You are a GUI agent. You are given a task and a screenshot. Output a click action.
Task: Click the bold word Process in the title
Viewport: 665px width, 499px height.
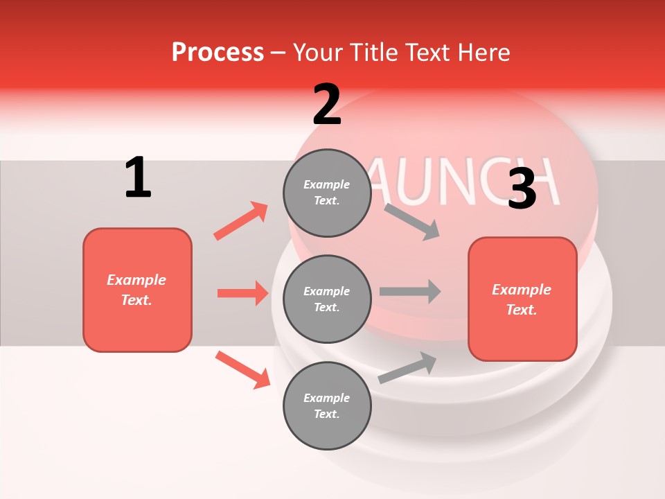[218, 52]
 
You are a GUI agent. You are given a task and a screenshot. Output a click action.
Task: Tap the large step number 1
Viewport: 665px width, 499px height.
[138, 178]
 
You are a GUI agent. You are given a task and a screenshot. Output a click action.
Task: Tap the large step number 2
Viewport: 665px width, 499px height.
[327, 105]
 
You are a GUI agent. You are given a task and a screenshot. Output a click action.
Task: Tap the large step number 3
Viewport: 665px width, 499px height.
[522, 189]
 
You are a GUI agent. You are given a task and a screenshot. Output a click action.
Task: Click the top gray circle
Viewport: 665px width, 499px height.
[327, 193]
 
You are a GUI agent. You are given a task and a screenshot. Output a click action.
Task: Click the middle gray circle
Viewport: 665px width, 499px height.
[327, 299]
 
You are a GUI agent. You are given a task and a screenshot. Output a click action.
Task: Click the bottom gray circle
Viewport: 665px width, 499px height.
[327, 405]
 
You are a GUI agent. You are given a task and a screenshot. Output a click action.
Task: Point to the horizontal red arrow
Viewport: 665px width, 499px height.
[243, 293]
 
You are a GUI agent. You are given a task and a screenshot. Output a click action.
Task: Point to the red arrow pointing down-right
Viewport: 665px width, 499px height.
[242, 369]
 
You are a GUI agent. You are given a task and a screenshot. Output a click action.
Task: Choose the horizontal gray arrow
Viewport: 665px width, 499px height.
[409, 291]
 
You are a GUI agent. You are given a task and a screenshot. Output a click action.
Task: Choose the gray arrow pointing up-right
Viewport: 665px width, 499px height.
[408, 368]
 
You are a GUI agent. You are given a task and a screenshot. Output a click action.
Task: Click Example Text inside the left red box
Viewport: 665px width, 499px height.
[136, 290]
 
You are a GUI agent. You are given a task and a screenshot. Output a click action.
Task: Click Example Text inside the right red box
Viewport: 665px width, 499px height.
[522, 299]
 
